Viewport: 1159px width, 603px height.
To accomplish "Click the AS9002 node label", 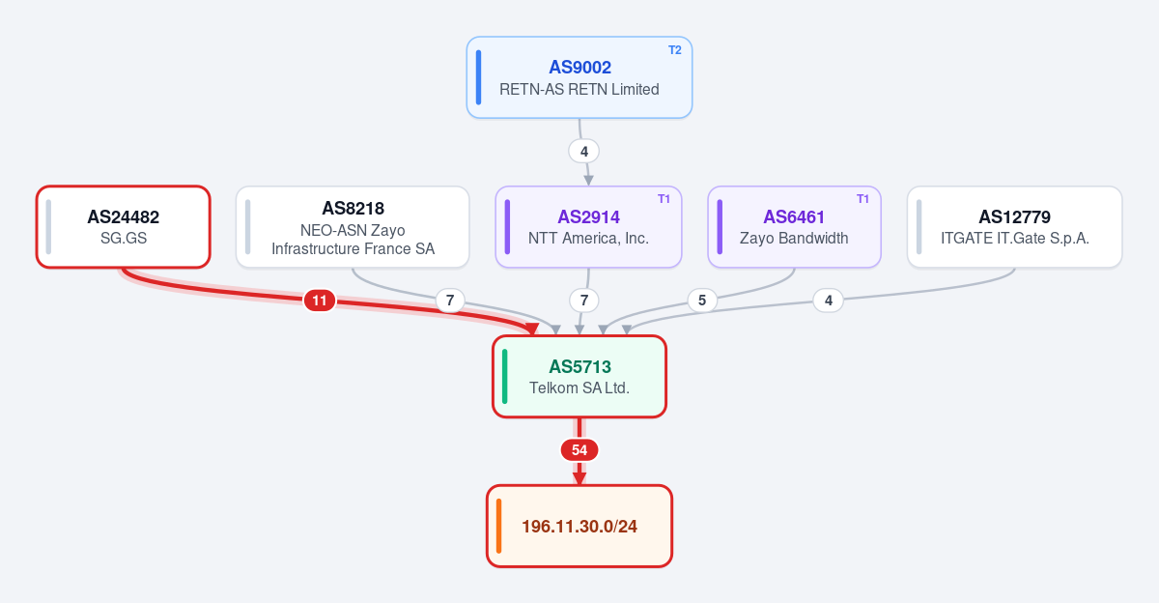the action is click(x=579, y=68).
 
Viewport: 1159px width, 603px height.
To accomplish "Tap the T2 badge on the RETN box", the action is click(x=675, y=50).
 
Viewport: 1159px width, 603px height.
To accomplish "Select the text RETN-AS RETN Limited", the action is click(x=579, y=90).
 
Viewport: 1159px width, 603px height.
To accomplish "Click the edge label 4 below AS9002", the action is click(x=584, y=152).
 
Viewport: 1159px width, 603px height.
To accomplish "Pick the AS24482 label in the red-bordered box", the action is click(x=124, y=216).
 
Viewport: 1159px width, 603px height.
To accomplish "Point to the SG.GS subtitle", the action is click(x=124, y=238).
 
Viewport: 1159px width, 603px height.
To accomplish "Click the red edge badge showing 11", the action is click(x=320, y=301).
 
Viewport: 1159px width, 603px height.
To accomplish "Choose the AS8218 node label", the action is click(x=353, y=208).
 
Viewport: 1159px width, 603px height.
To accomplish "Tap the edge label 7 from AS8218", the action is click(x=450, y=301).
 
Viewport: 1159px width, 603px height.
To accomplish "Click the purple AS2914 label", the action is click(x=588, y=216).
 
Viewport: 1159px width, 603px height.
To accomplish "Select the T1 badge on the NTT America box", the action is click(x=664, y=199).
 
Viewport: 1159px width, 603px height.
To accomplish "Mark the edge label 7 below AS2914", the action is click(x=584, y=301).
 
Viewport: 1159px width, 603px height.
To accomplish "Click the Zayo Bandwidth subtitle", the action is click(x=794, y=238).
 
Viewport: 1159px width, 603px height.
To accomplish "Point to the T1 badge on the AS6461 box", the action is click(x=862, y=199).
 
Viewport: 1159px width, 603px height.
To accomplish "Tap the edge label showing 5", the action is click(x=702, y=301).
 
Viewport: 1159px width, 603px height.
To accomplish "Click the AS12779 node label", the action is click(x=1015, y=216).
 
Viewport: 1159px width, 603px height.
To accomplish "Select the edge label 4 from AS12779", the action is click(x=829, y=301).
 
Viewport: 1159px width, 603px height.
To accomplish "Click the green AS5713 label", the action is click(x=579, y=366).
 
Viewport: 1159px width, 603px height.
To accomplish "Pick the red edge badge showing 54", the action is click(x=579, y=449).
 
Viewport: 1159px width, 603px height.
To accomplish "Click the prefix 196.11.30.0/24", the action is click(x=579, y=527).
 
